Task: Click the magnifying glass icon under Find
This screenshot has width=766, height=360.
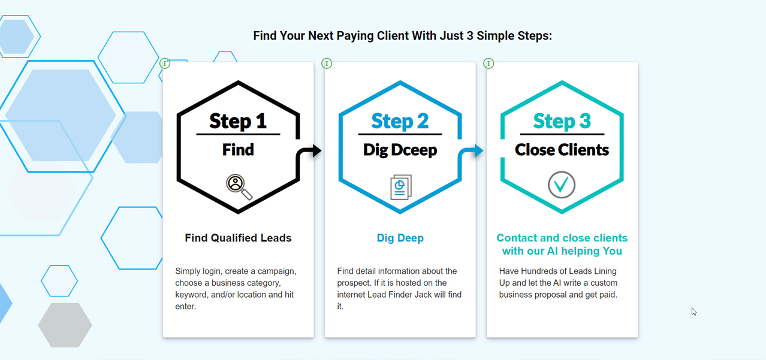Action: click(x=238, y=186)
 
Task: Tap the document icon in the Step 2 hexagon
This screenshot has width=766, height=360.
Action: click(x=400, y=187)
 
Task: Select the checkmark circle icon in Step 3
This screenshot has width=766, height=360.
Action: click(x=562, y=184)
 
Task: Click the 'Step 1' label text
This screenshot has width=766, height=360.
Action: click(x=238, y=121)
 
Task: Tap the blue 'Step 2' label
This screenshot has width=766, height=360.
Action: click(x=400, y=121)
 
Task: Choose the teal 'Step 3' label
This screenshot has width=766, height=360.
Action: click(x=562, y=121)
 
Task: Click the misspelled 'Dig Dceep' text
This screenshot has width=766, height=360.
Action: click(x=400, y=150)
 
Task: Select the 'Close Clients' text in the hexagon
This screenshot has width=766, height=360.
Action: click(x=562, y=150)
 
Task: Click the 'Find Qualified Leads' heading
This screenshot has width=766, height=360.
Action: click(x=238, y=238)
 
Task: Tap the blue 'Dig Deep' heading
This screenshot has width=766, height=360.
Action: click(x=400, y=238)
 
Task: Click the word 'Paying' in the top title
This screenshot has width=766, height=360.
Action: click(x=349, y=36)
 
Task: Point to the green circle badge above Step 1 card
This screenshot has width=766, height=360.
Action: click(x=165, y=63)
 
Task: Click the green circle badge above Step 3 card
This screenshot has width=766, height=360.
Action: click(x=488, y=63)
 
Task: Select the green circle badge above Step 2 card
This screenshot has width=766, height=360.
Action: click(x=327, y=63)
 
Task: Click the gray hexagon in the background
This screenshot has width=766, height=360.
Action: click(x=65, y=325)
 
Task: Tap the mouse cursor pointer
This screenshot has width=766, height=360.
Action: click(x=693, y=311)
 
